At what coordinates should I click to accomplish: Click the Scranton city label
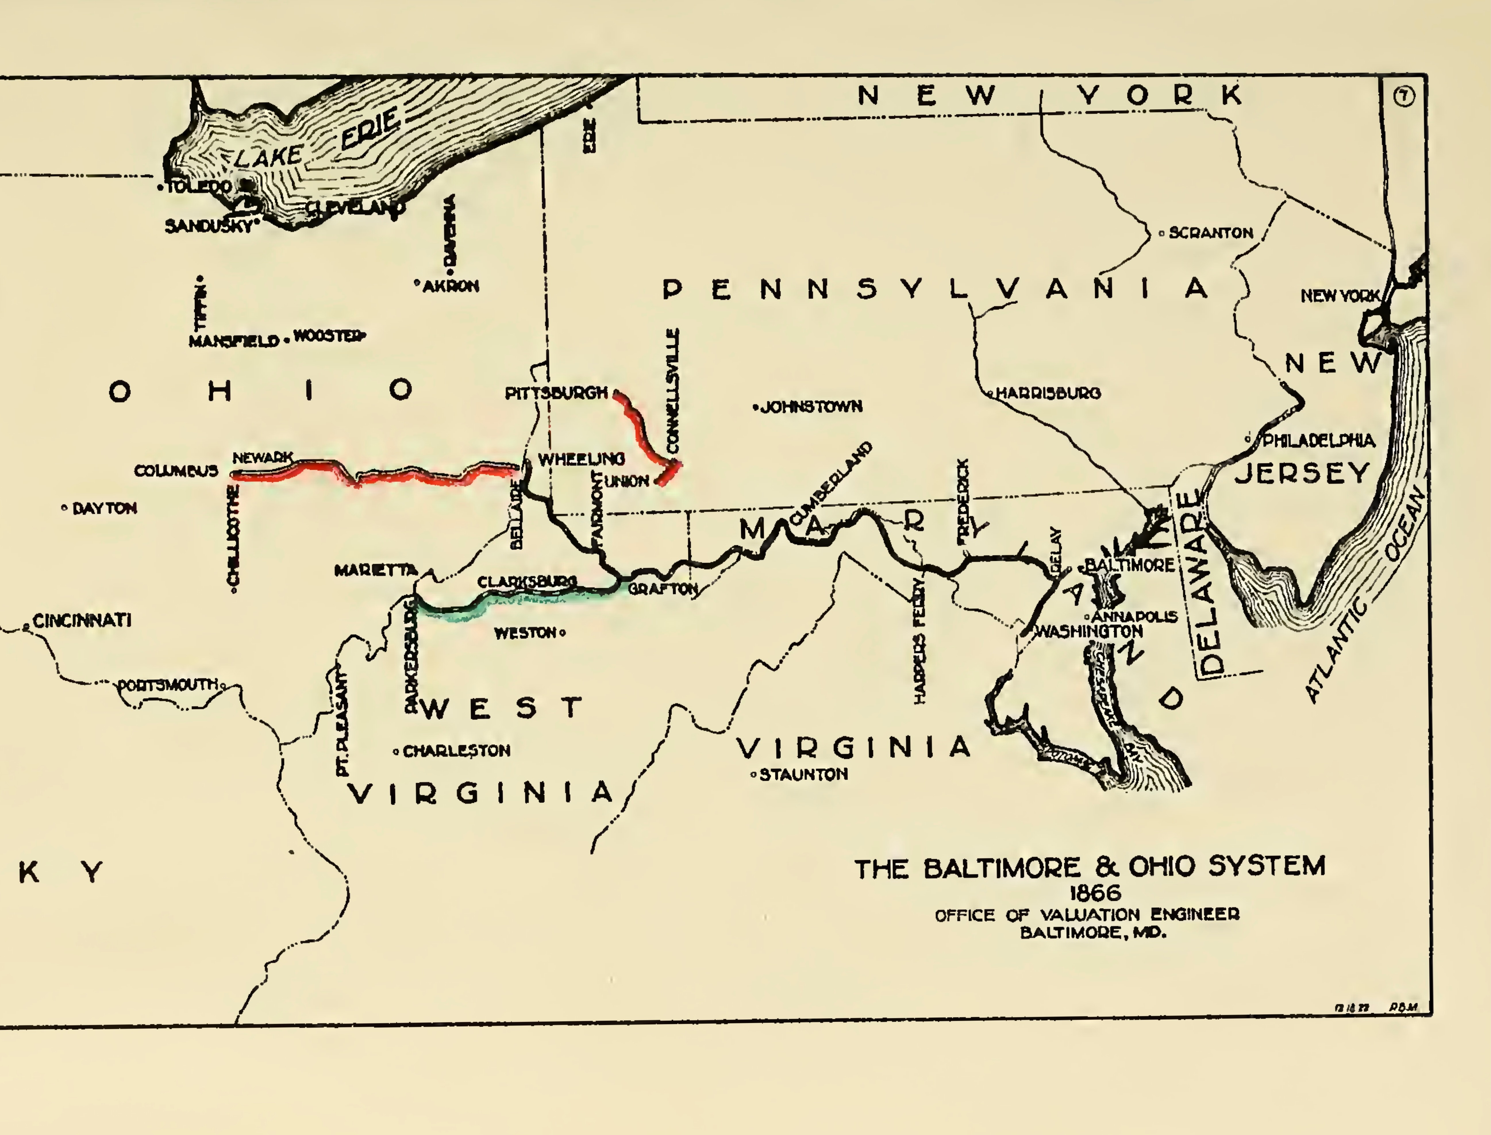tap(1211, 233)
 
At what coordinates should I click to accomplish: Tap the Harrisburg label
tap(1048, 393)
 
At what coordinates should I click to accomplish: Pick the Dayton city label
tap(104, 508)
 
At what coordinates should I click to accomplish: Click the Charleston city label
tap(457, 751)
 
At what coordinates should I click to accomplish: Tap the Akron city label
tap(451, 286)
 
